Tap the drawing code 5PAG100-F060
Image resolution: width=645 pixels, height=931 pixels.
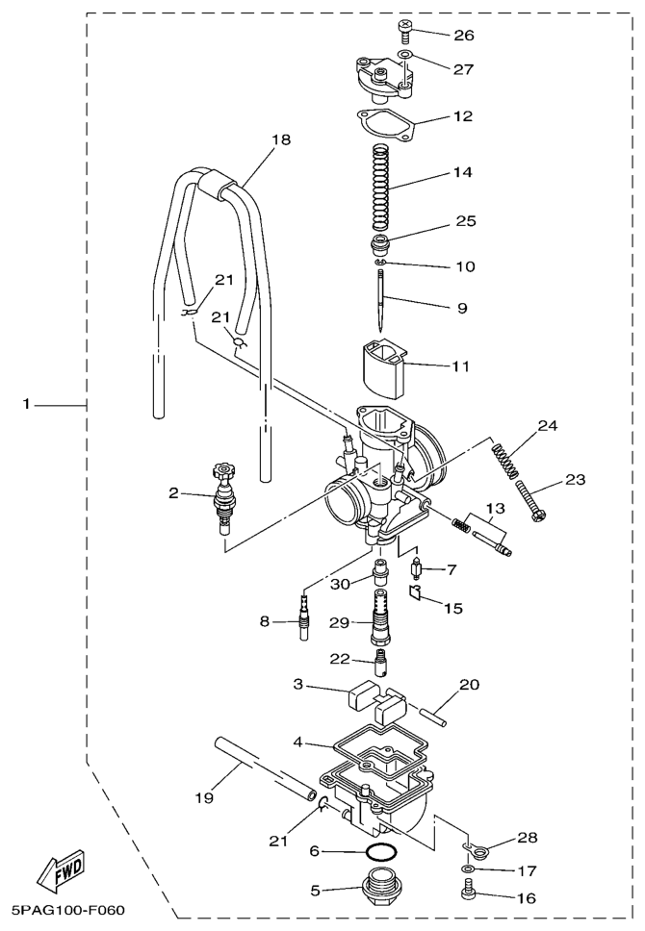(63, 910)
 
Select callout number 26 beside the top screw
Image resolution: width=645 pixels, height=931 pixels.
(464, 35)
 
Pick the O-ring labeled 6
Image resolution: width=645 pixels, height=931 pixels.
(380, 853)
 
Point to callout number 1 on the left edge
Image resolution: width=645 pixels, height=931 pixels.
(26, 404)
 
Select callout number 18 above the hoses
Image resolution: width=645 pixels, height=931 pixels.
(281, 139)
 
